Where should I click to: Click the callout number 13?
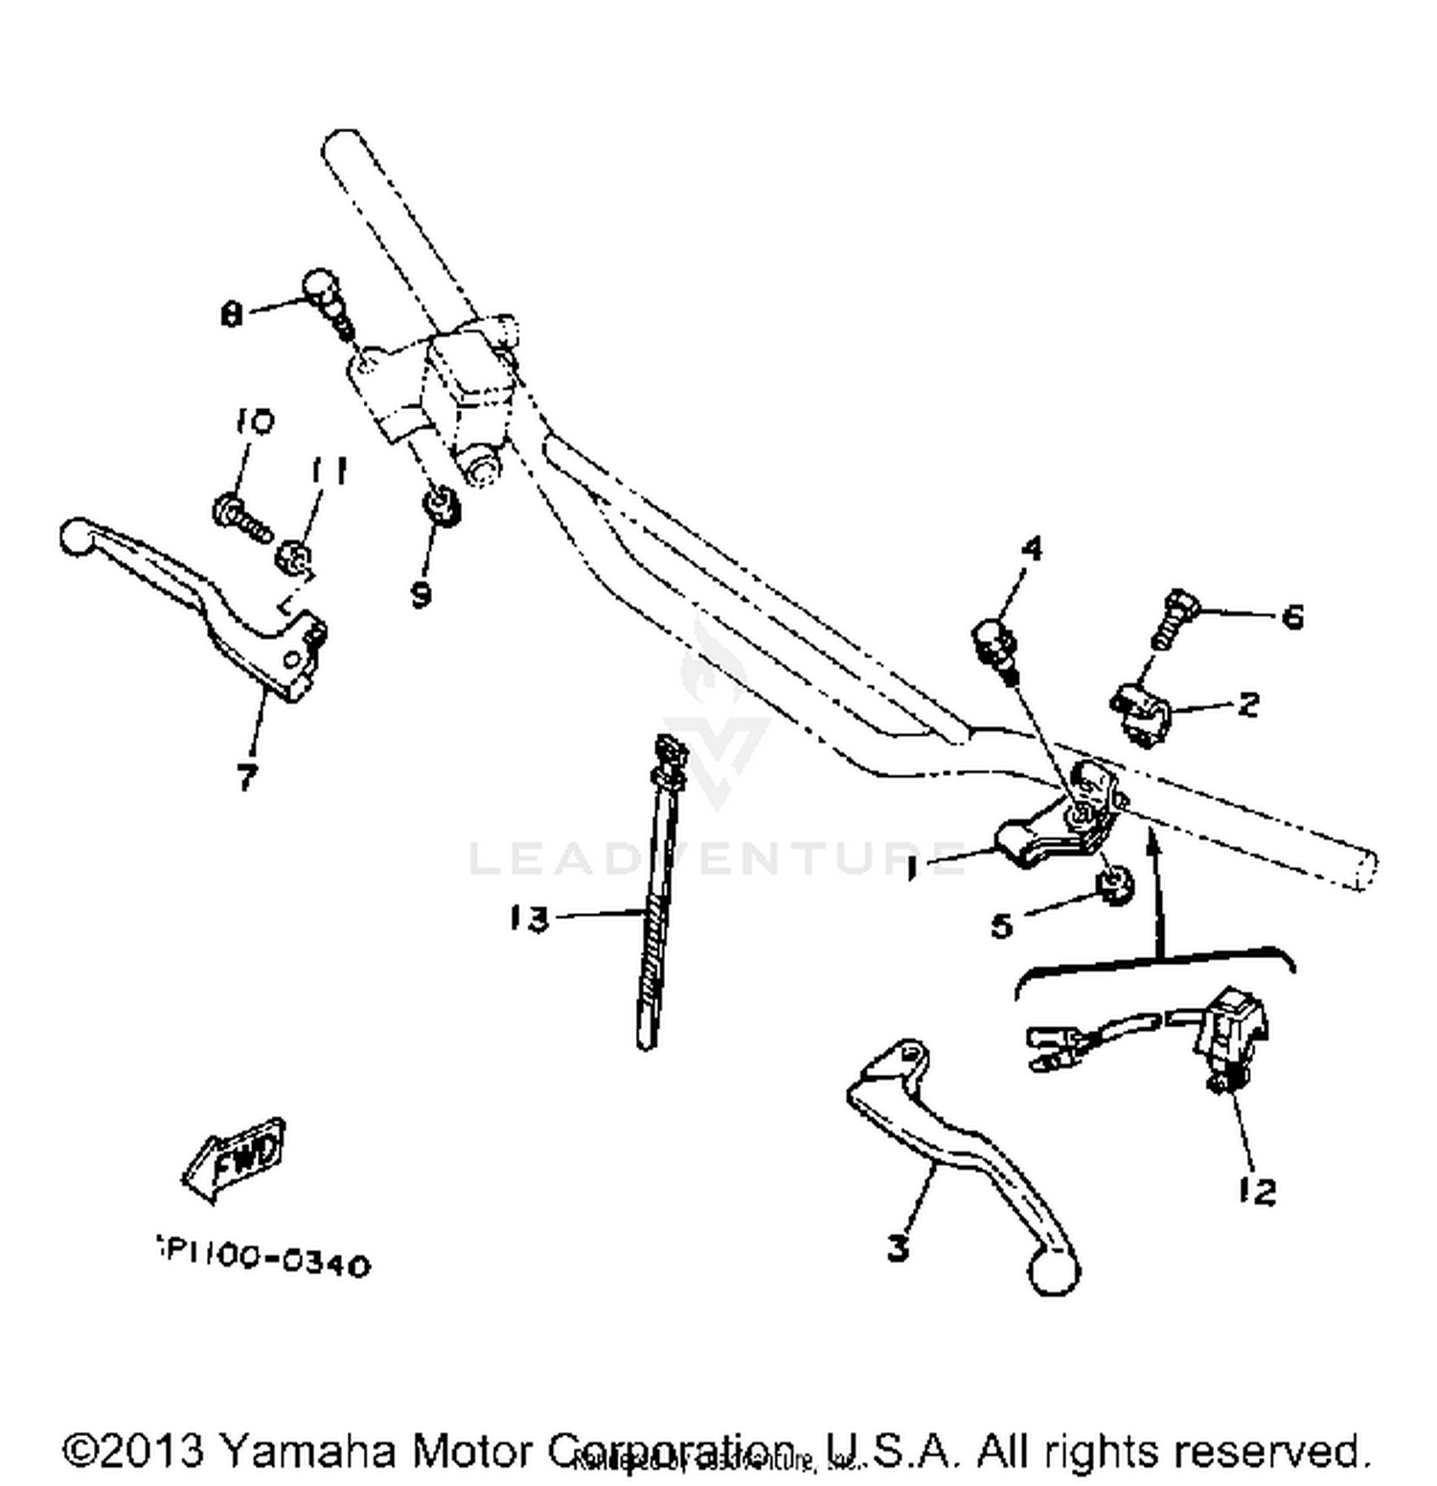tap(530, 919)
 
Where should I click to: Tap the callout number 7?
tap(247, 776)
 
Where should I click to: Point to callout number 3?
tap(898, 1247)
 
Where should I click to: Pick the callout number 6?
tap(1292, 616)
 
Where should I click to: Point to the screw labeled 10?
tap(238, 515)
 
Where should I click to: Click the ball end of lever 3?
tap(1054, 1275)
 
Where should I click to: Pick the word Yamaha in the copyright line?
tap(308, 1451)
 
